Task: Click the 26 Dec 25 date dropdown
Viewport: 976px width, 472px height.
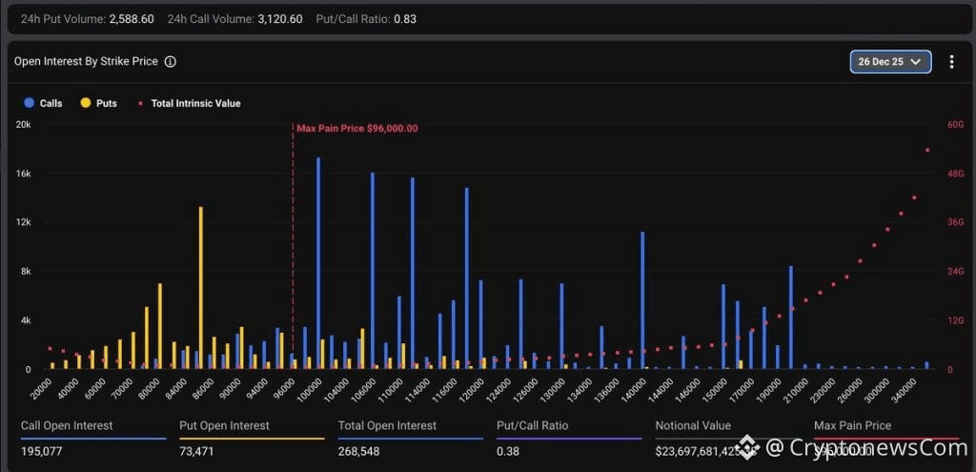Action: (x=890, y=61)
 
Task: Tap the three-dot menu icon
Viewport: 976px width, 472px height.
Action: (x=951, y=61)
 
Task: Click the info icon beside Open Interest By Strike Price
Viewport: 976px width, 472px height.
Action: (x=170, y=61)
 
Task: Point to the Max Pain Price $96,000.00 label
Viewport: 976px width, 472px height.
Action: (x=357, y=128)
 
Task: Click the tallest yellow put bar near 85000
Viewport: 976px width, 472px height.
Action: (x=200, y=286)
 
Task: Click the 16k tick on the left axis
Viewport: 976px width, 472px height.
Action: (x=23, y=174)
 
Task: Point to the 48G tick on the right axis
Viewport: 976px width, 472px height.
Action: (x=954, y=174)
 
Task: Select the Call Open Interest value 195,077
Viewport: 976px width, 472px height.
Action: (x=42, y=449)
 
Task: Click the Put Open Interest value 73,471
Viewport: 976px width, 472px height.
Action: (x=197, y=449)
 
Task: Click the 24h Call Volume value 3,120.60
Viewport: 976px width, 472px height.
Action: (x=280, y=19)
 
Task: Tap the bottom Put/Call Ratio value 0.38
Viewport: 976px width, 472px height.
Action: (x=507, y=449)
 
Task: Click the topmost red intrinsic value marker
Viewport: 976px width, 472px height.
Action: (x=927, y=150)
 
